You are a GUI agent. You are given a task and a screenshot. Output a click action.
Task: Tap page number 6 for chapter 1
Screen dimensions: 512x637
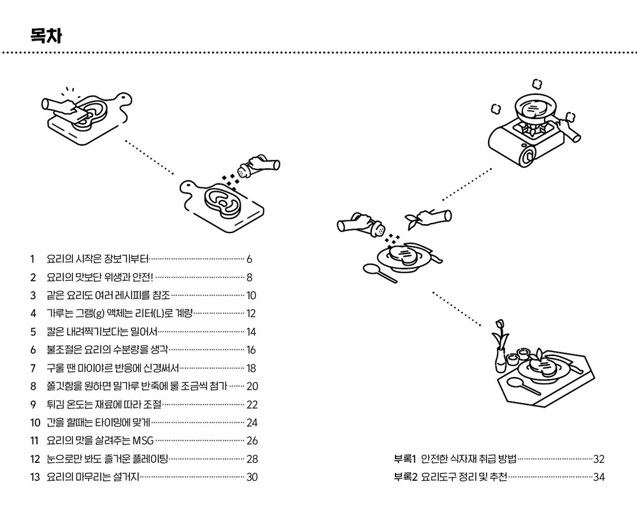(x=250, y=259)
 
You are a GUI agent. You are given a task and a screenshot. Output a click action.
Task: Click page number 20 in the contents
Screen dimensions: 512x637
(x=252, y=386)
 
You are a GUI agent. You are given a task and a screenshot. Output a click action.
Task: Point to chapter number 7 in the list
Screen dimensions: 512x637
(x=32, y=368)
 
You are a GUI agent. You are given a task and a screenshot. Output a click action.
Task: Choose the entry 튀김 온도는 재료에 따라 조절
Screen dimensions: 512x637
(x=104, y=404)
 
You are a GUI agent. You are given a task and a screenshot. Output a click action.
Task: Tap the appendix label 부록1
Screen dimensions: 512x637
(x=404, y=459)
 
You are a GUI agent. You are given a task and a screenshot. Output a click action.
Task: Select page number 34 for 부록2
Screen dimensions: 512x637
(x=599, y=477)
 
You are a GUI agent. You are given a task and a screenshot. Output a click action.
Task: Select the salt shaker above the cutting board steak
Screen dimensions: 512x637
(x=248, y=169)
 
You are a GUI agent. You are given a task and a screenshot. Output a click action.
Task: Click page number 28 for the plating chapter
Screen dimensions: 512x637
(x=252, y=459)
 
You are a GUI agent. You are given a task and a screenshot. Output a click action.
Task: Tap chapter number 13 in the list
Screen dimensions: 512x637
(x=34, y=477)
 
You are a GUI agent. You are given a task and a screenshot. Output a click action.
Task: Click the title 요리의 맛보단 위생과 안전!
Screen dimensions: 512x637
(x=100, y=277)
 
